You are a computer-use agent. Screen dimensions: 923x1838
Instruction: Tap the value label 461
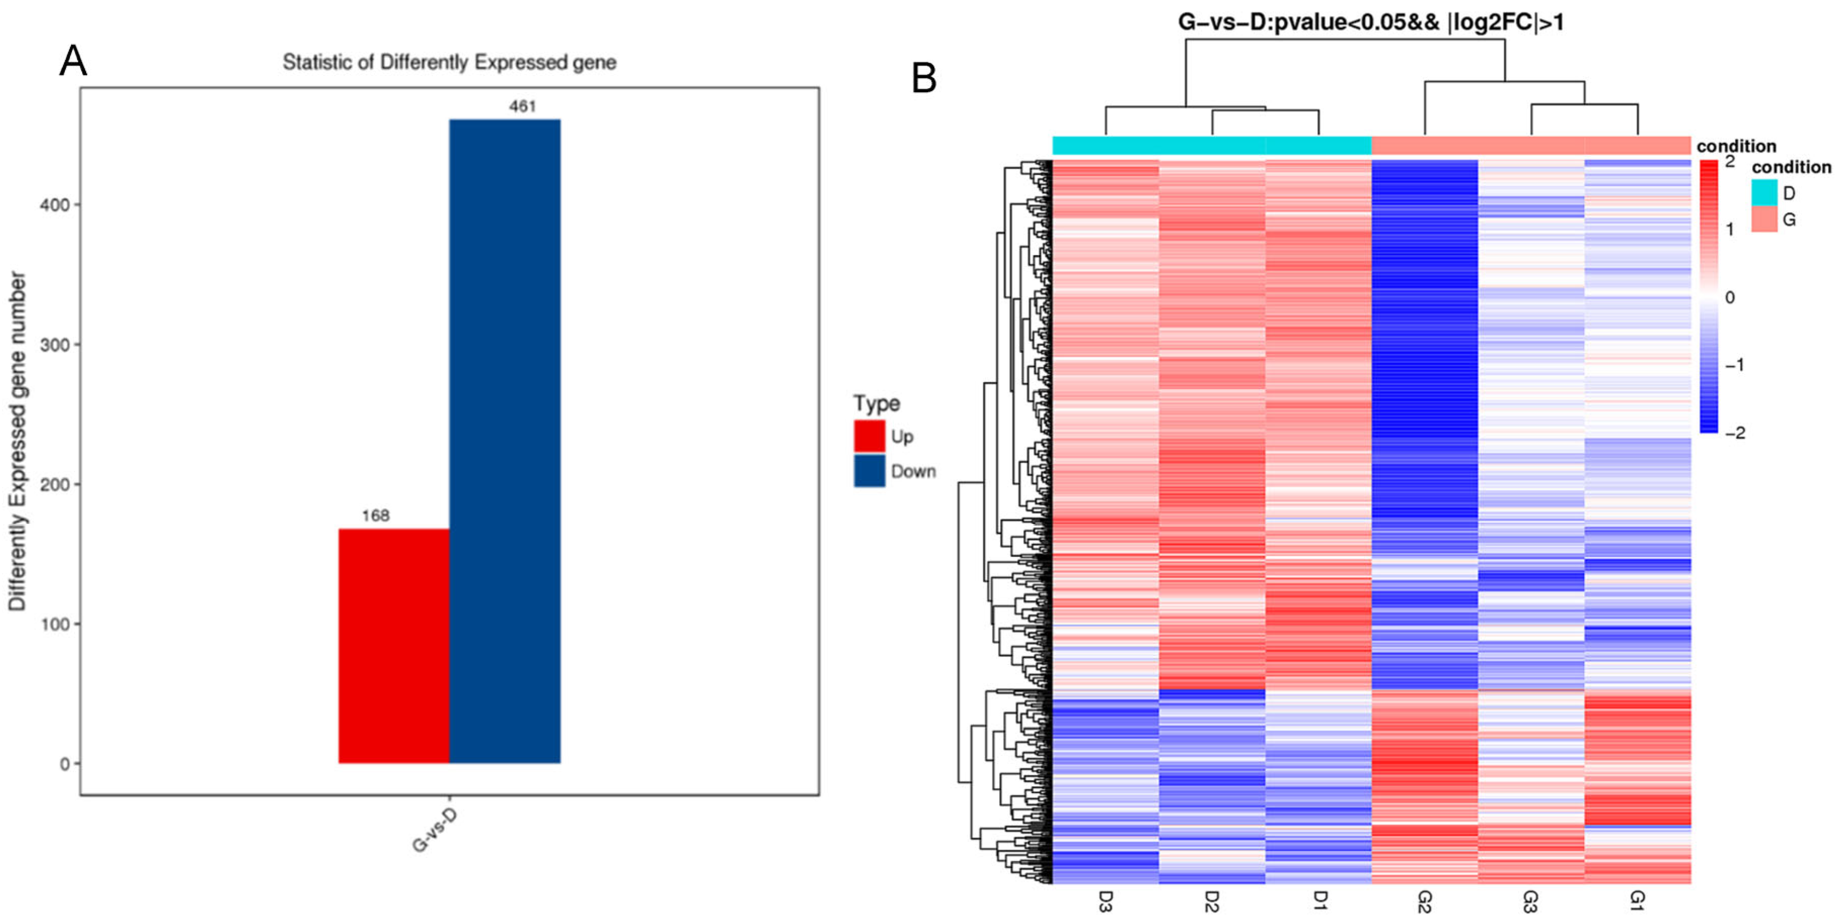click(522, 106)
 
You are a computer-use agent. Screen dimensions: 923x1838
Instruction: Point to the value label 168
click(375, 515)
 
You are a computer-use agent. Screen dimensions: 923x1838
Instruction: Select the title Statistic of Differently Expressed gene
click(449, 63)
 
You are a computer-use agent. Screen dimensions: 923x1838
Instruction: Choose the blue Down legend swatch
click(869, 471)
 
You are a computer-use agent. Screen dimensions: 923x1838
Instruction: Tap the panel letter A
click(73, 61)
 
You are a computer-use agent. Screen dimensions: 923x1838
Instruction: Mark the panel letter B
click(924, 79)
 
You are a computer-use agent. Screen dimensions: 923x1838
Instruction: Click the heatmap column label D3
click(1106, 902)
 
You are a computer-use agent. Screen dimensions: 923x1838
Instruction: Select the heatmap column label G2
click(1424, 902)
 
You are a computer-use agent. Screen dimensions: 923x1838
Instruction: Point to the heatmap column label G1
click(1637, 902)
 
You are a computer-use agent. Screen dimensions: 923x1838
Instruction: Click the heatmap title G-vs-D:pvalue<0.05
click(1370, 23)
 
